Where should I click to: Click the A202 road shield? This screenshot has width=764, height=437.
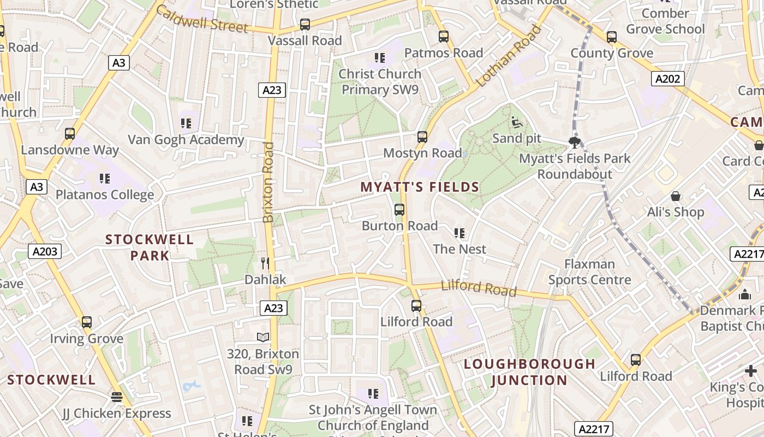[668, 79]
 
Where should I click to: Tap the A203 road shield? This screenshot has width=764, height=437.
[45, 251]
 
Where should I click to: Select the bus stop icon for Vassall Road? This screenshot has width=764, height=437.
[305, 25]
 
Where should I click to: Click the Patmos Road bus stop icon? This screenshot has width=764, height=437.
[444, 37]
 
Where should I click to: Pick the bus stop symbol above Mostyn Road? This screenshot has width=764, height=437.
[422, 137]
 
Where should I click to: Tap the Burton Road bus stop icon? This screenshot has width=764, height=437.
[399, 210]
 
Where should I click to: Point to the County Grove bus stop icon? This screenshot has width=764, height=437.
[611, 37]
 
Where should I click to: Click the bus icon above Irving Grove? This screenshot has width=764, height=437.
[86, 322]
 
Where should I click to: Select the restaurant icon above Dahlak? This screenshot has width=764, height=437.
[265, 263]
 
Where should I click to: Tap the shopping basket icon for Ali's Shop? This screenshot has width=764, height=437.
[676, 196]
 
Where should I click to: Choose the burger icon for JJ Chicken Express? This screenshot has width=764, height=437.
[116, 397]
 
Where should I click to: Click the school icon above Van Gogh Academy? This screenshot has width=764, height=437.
[186, 123]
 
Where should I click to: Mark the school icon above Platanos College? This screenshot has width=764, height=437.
[105, 179]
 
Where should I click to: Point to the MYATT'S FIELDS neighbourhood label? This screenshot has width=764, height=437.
[420, 187]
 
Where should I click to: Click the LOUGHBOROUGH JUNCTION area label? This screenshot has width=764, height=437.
[529, 372]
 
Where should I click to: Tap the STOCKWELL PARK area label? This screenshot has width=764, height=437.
[150, 247]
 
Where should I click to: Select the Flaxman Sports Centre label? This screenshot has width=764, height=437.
[589, 272]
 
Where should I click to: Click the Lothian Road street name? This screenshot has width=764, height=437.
[509, 56]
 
